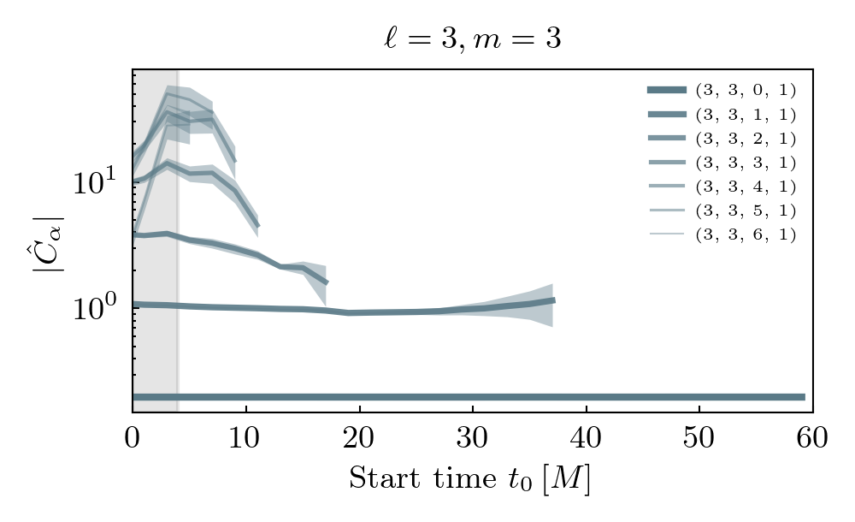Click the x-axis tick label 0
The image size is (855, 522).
pyautogui.click(x=133, y=437)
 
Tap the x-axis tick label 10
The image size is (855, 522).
pyautogui.click(x=246, y=437)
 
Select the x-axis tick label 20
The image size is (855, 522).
pyautogui.click(x=359, y=437)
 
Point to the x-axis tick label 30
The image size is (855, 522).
pyautogui.click(x=473, y=437)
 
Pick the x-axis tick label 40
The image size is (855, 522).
pyautogui.click(x=586, y=437)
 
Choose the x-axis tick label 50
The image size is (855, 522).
pyautogui.click(x=699, y=437)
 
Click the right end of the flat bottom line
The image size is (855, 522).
pyautogui.click(x=804, y=397)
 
